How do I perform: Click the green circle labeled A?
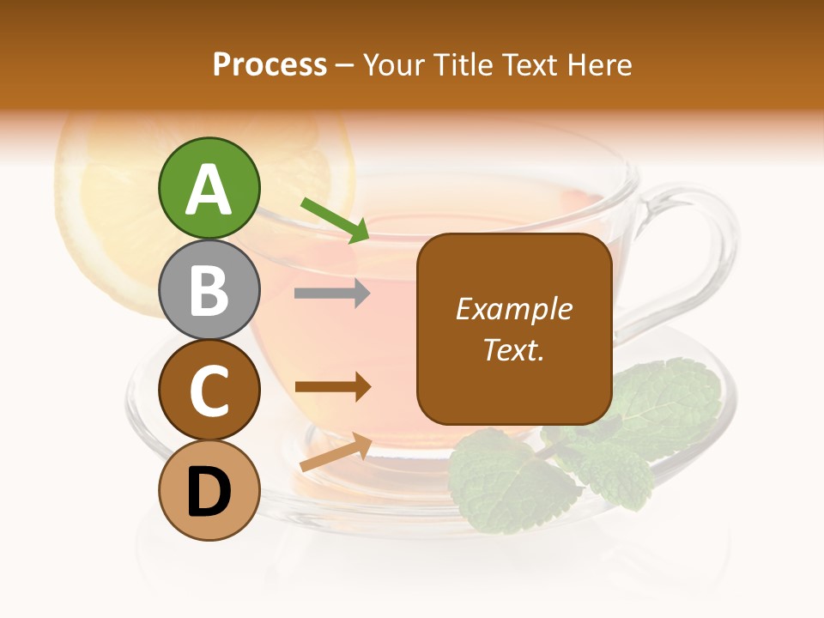[209, 188]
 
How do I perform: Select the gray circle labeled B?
[209, 289]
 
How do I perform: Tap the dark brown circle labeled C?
[209, 390]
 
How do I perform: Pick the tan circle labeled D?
[209, 490]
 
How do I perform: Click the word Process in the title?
[270, 65]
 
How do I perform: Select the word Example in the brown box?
[513, 309]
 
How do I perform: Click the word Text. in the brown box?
[513, 349]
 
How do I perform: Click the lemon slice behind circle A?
[103, 215]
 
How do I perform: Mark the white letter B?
[209, 290]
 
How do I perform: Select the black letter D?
[209, 492]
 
